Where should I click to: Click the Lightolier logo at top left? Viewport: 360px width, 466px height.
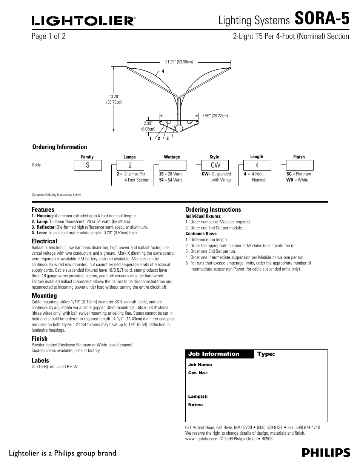pyautogui.click(x=83, y=21)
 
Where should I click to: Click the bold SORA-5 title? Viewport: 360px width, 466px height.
pyautogui.click(x=322, y=18)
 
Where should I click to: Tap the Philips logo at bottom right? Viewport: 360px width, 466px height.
pyautogui.click(x=326, y=453)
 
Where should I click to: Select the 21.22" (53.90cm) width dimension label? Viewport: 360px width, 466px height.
pyautogui.click(x=179, y=62)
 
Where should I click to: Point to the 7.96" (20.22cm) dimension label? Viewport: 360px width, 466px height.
pyautogui.click(x=215, y=116)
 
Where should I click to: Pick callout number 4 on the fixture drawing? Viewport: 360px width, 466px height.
pyautogui.click(x=163, y=71)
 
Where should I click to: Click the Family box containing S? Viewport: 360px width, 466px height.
pyautogui.click(x=88, y=165)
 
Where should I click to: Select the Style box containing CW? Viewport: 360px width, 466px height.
pyautogui.click(x=215, y=165)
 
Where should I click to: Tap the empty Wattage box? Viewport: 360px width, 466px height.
pyautogui.click(x=172, y=165)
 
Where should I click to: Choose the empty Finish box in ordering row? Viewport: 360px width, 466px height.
pyautogui.click(x=300, y=165)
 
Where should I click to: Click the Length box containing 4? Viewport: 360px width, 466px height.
pyautogui.click(x=257, y=165)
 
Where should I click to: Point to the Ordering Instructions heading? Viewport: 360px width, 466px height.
pyautogui.click(x=213, y=209)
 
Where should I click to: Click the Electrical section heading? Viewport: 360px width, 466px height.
pyautogui.click(x=45, y=241)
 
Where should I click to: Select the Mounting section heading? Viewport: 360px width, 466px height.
pyautogui.click(x=44, y=295)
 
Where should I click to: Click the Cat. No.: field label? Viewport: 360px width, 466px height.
pyautogui.click(x=198, y=373)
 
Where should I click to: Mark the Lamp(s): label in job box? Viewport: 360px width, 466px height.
pyautogui.click(x=198, y=397)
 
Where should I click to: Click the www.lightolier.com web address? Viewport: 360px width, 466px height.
pyautogui.click(x=202, y=439)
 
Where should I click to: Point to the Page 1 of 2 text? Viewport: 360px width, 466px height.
pyautogui.click(x=49, y=36)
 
